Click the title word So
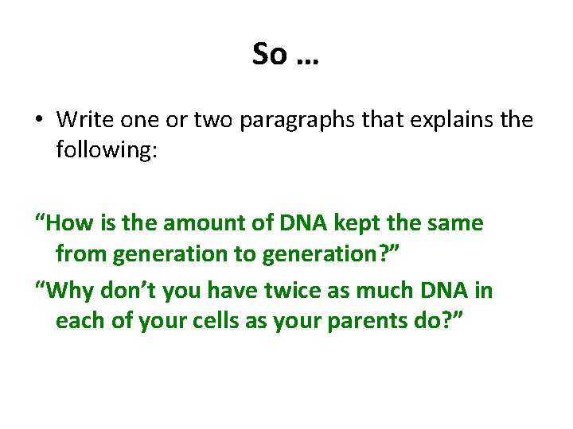[269, 54]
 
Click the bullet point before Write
[38, 121]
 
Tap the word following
[107, 150]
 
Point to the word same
[455, 223]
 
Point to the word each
[79, 321]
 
